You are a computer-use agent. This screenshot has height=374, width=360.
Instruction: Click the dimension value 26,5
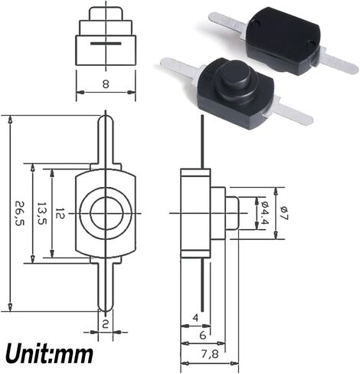click(18, 215)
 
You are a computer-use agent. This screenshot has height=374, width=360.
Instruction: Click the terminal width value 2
click(106, 323)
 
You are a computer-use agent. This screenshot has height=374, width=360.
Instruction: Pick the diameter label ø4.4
click(263, 212)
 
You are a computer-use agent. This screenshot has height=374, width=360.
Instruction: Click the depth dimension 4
click(195, 317)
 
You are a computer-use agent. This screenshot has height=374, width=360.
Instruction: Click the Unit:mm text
click(50, 354)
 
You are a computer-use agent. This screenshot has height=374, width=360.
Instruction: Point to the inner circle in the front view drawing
click(105, 214)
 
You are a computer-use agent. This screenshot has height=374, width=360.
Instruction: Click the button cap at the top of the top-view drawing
click(105, 15)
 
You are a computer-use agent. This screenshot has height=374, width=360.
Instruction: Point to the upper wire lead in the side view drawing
click(202, 141)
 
